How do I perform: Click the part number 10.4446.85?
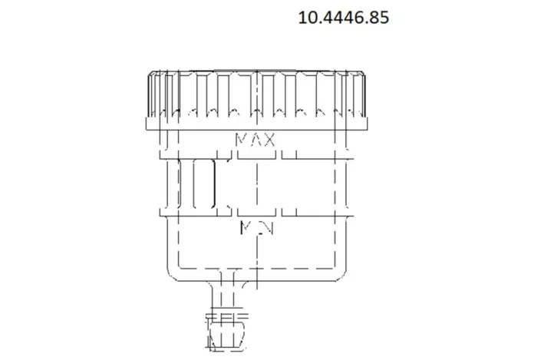click(x=343, y=17)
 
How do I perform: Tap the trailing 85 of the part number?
click(x=378, y=17)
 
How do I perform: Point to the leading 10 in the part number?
click(x=308, y=17)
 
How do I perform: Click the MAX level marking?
click(x=256, y=140)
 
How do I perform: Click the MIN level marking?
click(x=255, y=227)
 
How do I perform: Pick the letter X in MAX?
click(x=269, y=140)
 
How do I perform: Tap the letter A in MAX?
click(x=256, y=140)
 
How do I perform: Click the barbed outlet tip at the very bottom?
click(x=227, y=336)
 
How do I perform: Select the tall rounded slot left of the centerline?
click(x=205, y=184)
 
